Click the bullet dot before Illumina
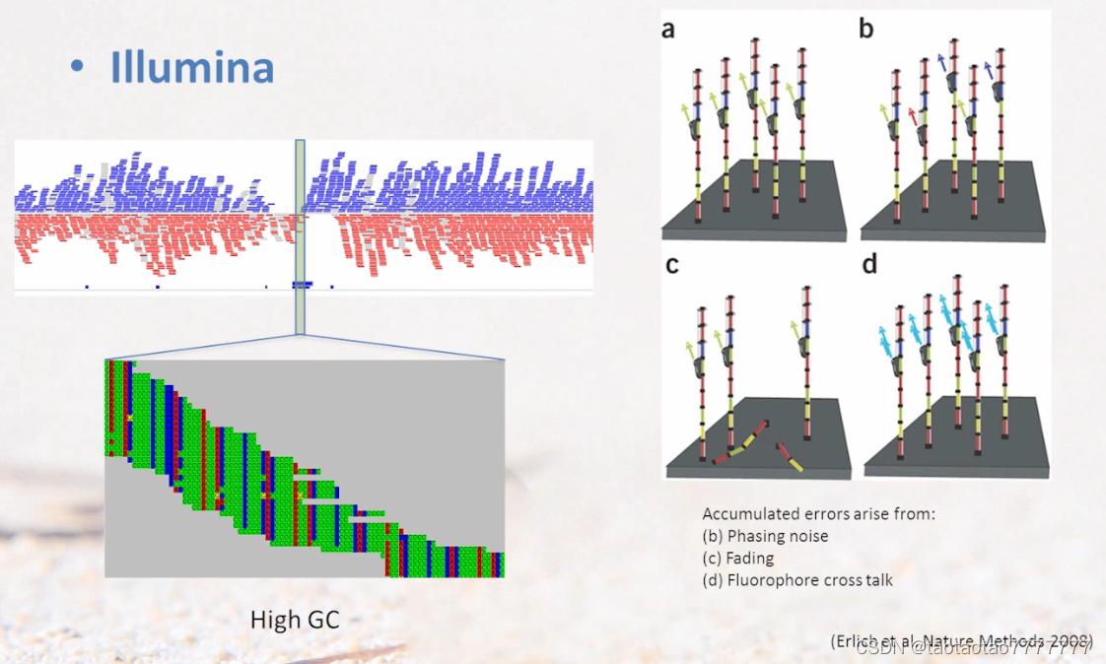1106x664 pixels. click(x=77, y=67)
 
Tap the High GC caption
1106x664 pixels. click(x=296, y=621)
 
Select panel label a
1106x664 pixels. click(x=669, y=31)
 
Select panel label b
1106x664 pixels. click(x=866, y=31)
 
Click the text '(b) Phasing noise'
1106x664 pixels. click(x=765, y=536)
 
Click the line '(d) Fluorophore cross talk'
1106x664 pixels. click(x=797, y=579)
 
